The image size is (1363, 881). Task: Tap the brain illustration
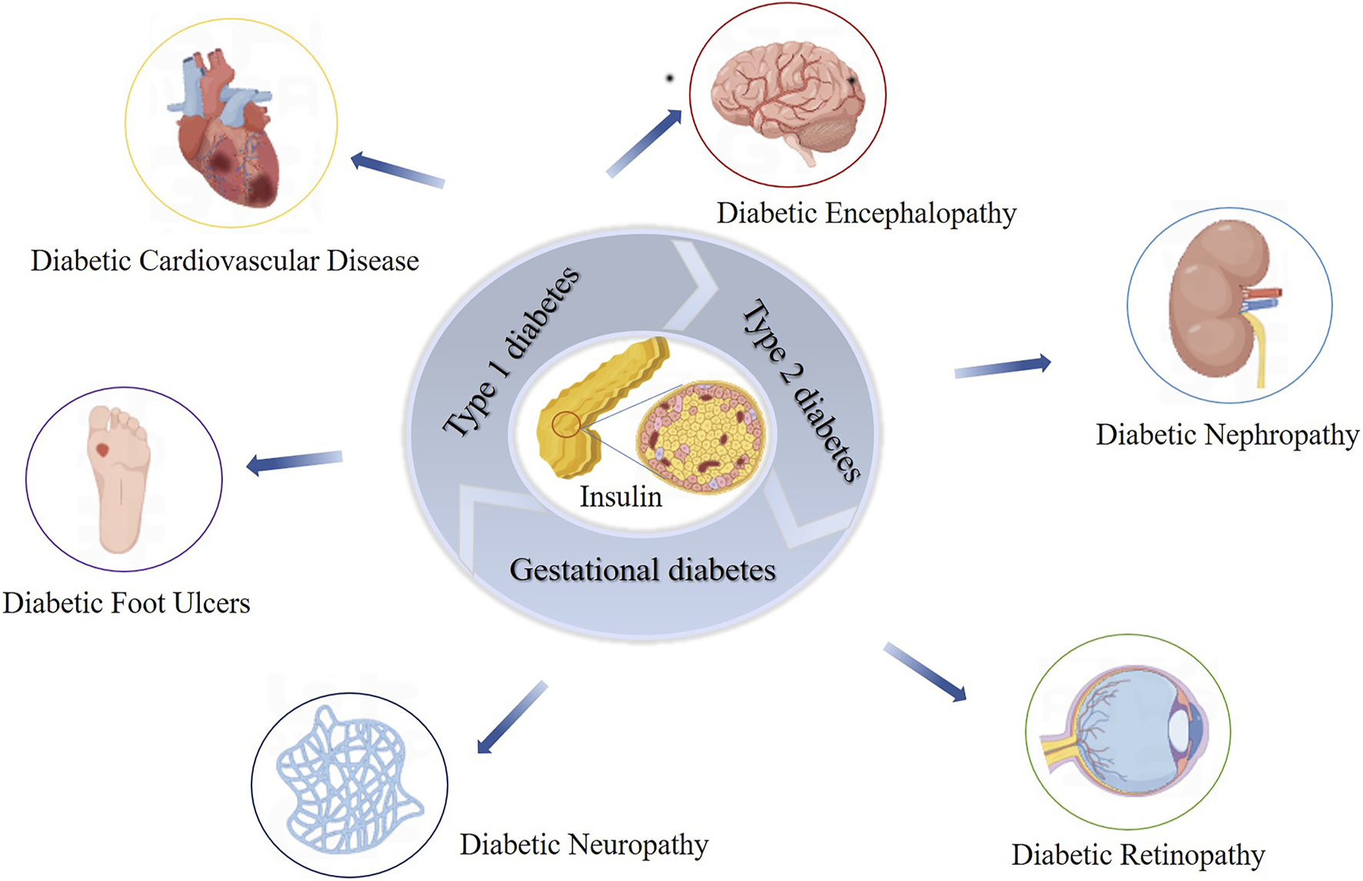(787, 96)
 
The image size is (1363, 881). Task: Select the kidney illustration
(1219, 300)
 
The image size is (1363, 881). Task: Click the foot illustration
(119, 477)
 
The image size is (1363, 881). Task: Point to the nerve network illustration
(346, 781)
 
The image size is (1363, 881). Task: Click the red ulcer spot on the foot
(102, 449)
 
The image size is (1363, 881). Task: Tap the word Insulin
(620, 497)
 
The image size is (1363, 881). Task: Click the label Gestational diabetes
(642, 570)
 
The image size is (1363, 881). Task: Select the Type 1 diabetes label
(512, 352)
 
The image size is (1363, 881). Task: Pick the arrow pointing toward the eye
(925, 672)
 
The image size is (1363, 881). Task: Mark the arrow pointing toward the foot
(295, 462)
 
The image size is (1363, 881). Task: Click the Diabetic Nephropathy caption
(1227, 435)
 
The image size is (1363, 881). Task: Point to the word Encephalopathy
(920, 214)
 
